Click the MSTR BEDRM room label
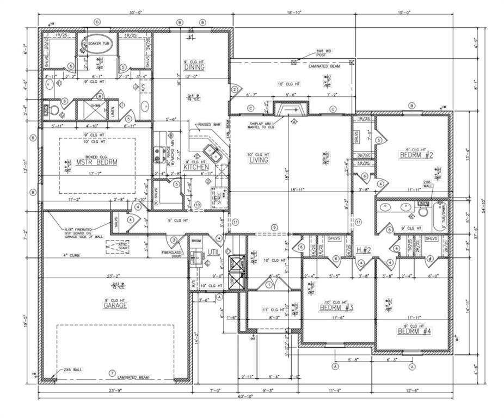point(96,162)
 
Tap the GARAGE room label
point(115,305)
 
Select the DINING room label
point(194,67)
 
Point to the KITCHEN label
point(196,167)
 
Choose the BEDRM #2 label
point(416,155)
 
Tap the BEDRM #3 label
point(337,308)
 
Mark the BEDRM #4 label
point(414,331)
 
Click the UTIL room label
point(213,252)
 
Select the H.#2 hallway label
point(363,250)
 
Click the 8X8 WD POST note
point(324,53)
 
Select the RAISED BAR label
point(209,125)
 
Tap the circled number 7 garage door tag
point(112,373)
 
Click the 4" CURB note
point(71,255)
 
